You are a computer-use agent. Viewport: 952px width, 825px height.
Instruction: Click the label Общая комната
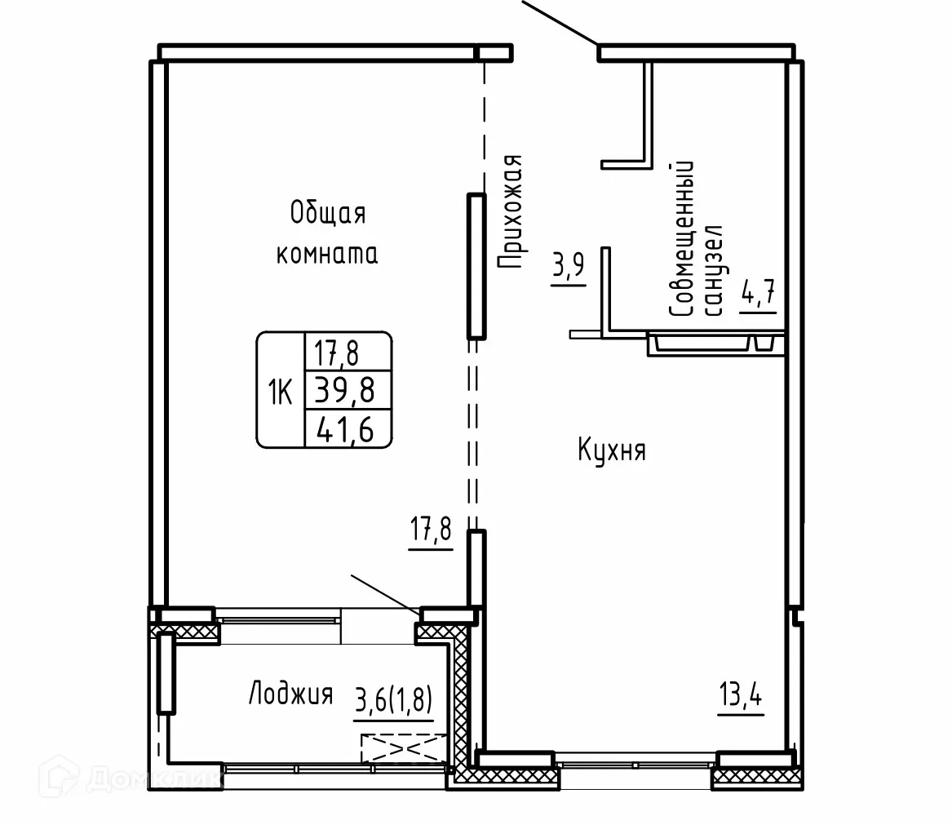click(326, 234)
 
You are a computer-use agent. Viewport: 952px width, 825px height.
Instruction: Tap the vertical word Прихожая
click(509, 212)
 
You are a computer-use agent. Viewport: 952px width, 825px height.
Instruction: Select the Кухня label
click(612, 450)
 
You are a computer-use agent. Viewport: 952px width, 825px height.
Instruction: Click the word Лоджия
click(290, 695)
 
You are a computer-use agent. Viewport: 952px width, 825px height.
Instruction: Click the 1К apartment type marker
click(280, 393)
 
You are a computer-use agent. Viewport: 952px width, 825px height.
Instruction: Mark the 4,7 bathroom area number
click(757, 293)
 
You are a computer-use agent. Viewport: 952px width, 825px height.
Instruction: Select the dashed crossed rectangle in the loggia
click(405, 748)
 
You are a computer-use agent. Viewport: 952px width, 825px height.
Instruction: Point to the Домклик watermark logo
click(131, 780)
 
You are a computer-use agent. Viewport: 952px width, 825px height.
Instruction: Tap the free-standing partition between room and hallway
click(476, 265)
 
